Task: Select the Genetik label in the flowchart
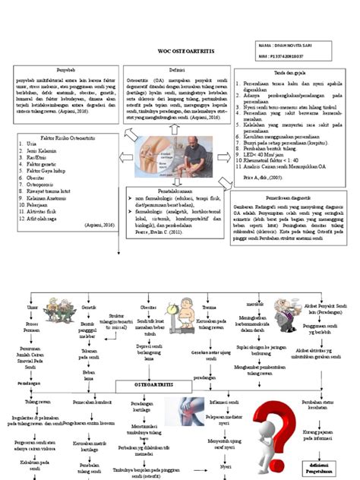click(89, 308)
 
